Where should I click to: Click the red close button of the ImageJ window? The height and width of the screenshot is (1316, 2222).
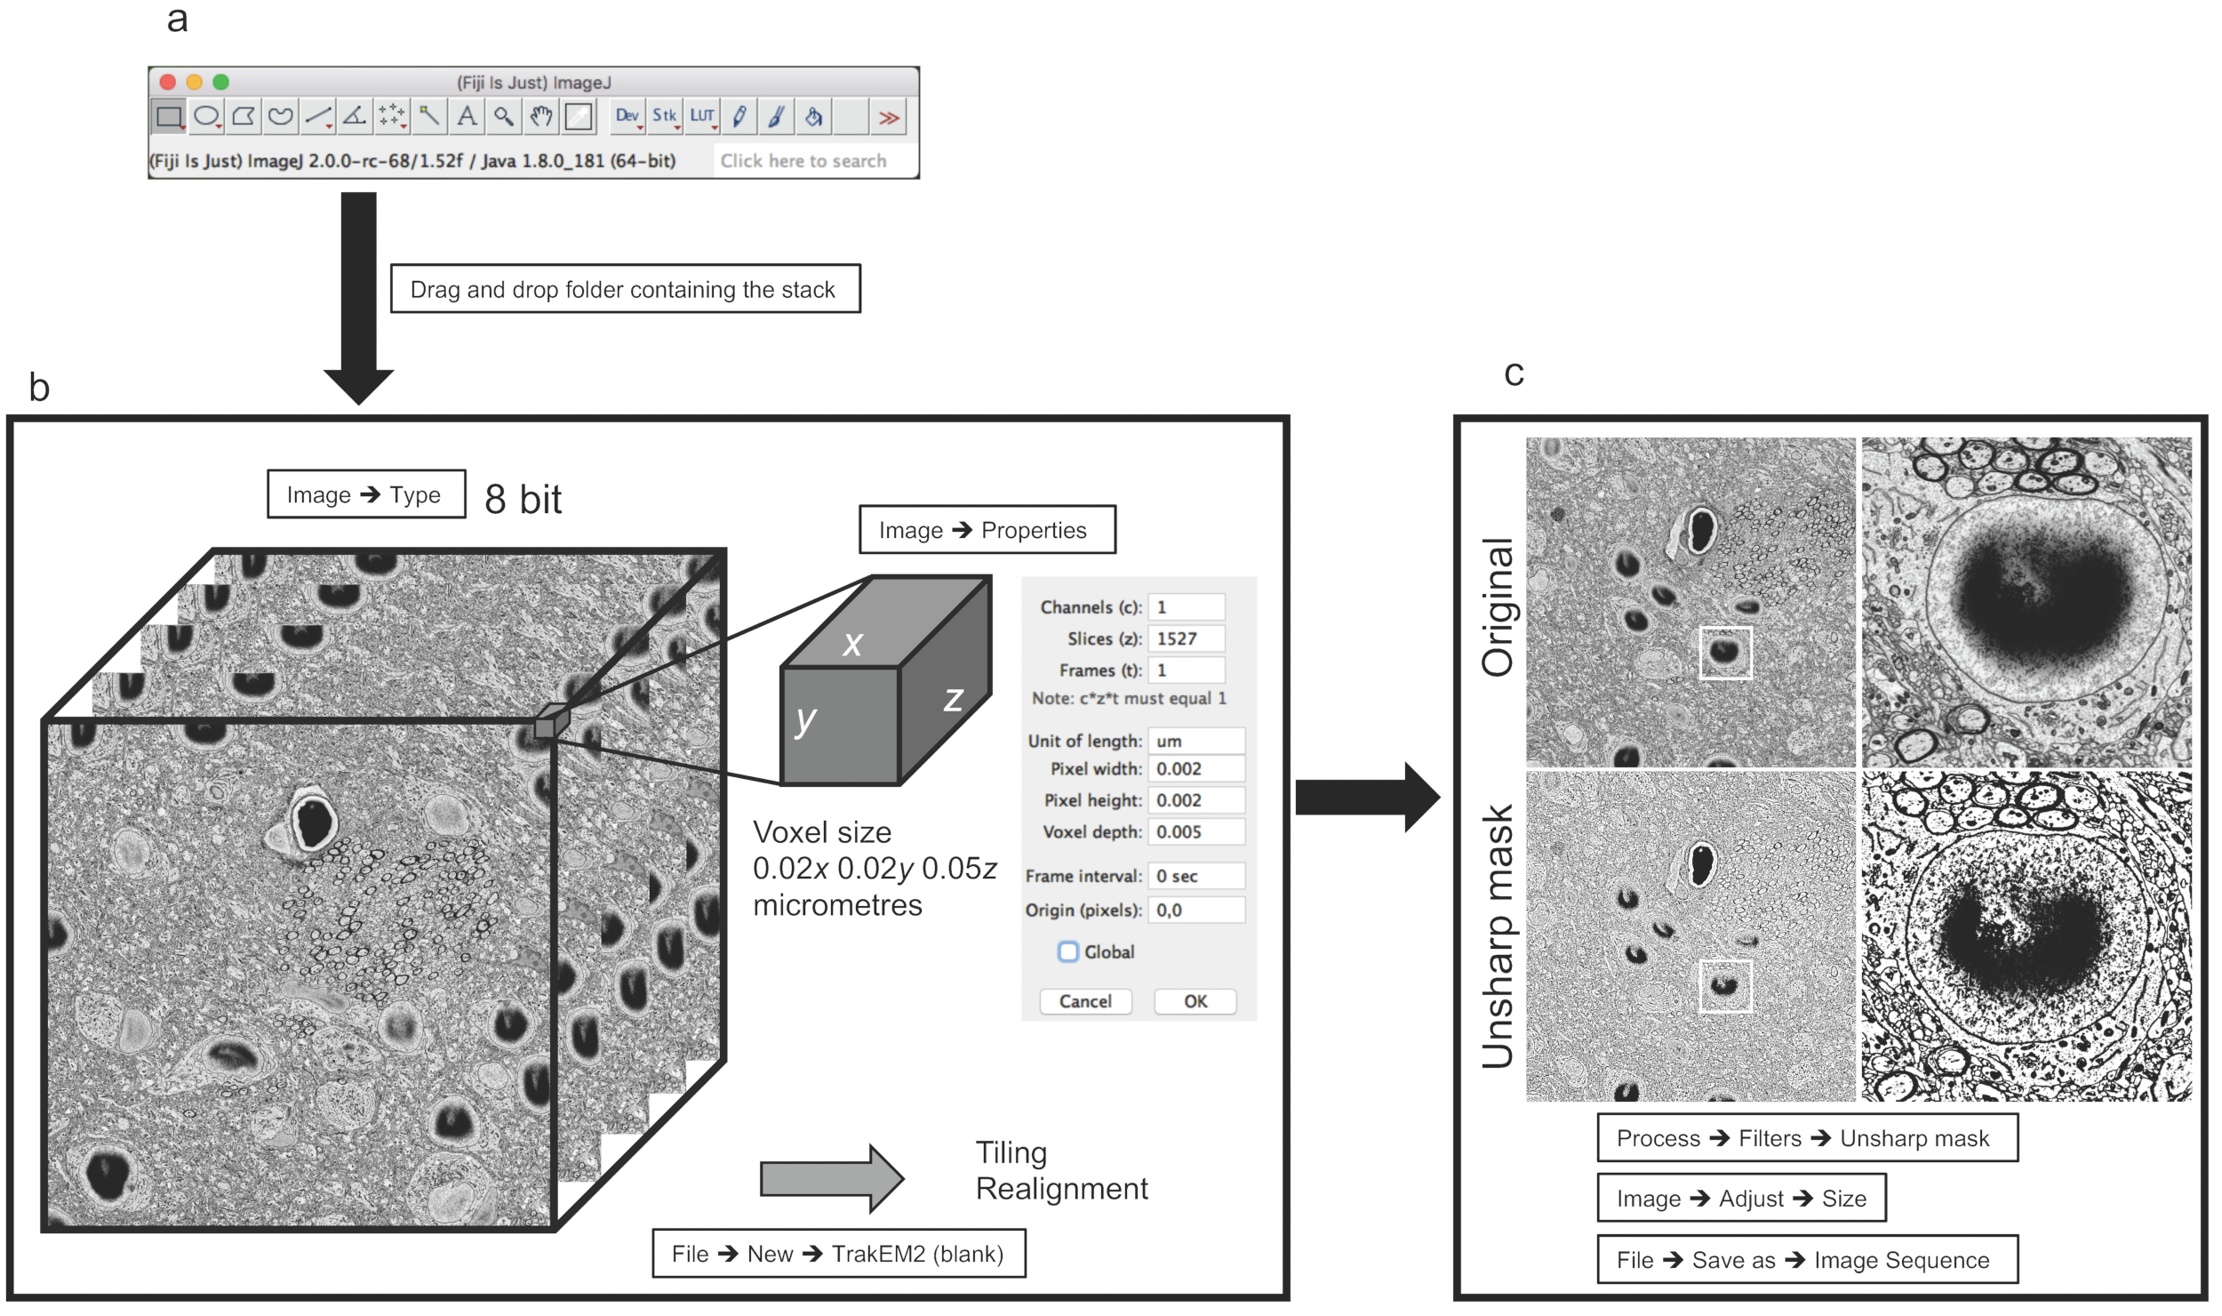click(167, 82)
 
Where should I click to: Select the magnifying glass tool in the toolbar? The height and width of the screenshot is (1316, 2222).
click(504, 116)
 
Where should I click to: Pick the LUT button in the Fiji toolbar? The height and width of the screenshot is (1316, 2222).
click(702, 116)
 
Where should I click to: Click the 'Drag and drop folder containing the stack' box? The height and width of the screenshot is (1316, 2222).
click(625, 289)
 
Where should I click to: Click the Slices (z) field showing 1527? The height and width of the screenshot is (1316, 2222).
click(1186, 638)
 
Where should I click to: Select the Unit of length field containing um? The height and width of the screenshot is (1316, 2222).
click(1195, 741)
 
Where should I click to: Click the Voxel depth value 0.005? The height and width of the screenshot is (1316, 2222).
click(1195, 831)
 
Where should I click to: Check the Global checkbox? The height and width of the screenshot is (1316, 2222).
click(1068, 951)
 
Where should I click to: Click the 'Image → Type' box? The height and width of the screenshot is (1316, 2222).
click(365, 494)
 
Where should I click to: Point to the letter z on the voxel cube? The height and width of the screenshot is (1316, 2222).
click(953, 699)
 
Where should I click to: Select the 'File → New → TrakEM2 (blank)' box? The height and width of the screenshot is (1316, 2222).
click(838, 1254)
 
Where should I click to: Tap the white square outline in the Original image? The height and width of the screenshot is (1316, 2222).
click(1725, 653)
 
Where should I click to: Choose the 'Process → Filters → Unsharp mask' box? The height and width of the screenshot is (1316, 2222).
click(1807, 1138)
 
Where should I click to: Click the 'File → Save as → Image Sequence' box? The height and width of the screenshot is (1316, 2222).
click(1807, 1260)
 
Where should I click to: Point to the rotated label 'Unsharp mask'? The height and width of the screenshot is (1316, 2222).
click(1499, 935)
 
